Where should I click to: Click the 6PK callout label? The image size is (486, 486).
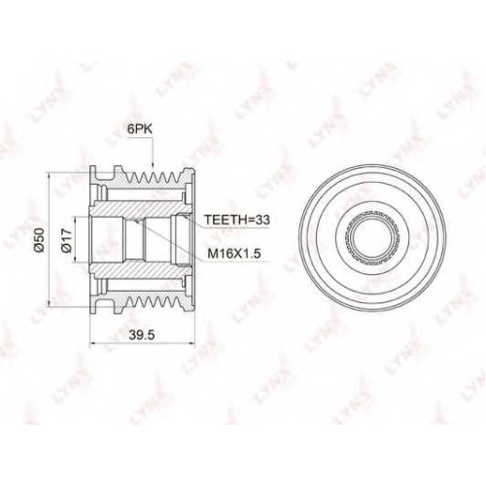(x=140, y=129)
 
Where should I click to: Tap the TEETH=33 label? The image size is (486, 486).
(x=237, y=220)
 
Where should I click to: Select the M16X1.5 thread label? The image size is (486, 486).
(x=234, y=254)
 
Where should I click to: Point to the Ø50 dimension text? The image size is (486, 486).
(x=39, y=240)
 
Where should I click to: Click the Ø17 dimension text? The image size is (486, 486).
(x=66, y=240)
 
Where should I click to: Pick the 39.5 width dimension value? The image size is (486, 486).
(x=142, y=335)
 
